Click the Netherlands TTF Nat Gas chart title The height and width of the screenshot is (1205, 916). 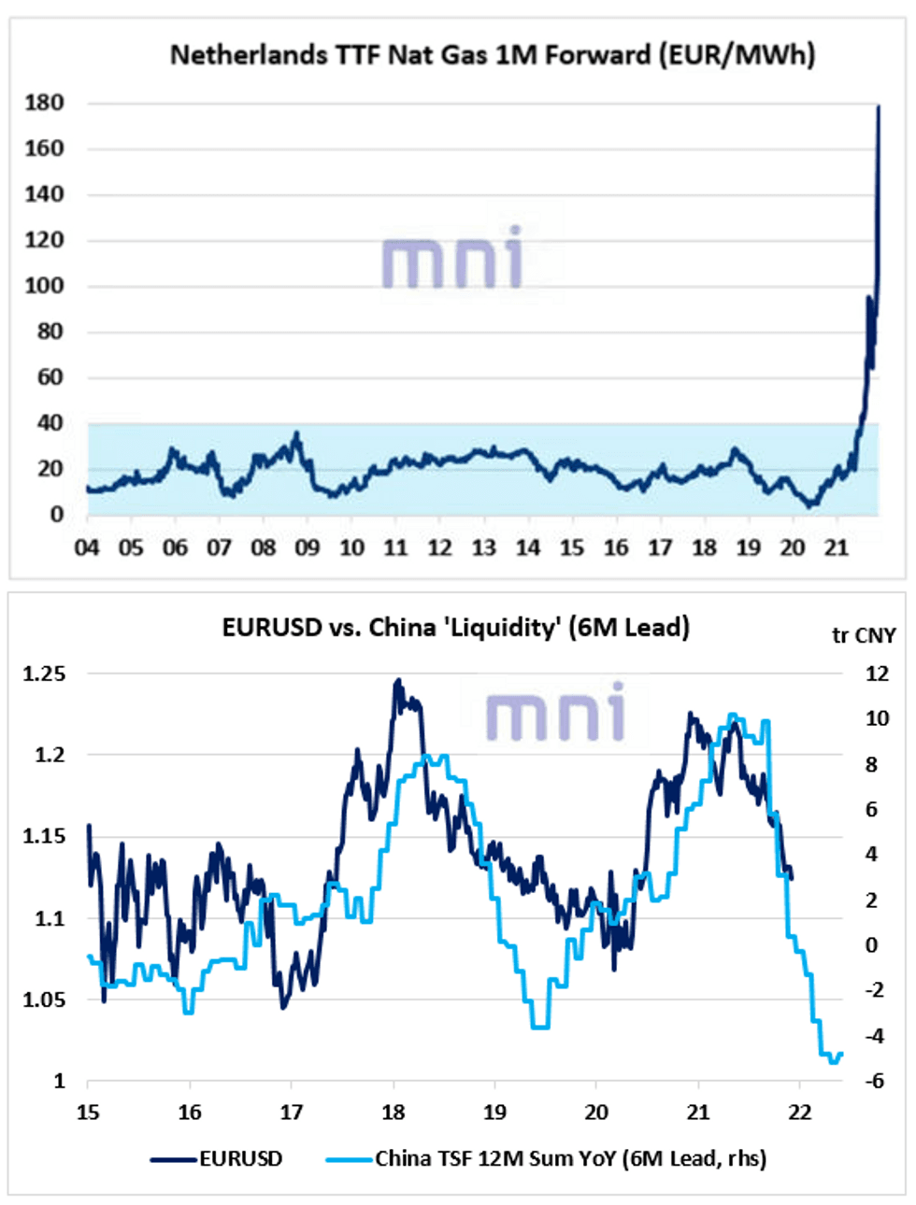pyautogui.click(x=493, y=55)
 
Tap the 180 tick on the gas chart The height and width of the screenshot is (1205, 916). pyautogui.click(x=44, y=103)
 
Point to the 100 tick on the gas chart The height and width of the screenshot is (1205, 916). pyautogui.click(x=44, y=286)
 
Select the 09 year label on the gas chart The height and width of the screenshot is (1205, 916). pyautogui.click(x=308, y=548)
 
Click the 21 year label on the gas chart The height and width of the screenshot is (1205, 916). pyautogui.click(x=836, y=548)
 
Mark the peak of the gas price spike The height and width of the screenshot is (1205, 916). pyautogui.click(x=878, y=107)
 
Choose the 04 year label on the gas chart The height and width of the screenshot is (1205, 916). pyautogui.click(x=87, y=548)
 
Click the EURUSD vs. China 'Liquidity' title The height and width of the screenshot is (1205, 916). pyautogui.click(x=456, y=627)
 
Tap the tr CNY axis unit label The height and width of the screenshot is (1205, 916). pyautogui.click(x=864, y=636)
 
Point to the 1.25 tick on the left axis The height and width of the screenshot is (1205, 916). pyautogui.click(x=44, y=673)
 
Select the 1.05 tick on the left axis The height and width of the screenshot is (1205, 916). pyautogui.click(x=44, y=1000)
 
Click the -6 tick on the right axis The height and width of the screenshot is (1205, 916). pyautogui.click(x=875, y=1081)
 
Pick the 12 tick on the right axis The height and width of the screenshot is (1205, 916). pyautogui.click(x=877, y=673)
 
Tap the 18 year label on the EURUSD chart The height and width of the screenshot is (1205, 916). pyautogui.click(x=394, y=1113)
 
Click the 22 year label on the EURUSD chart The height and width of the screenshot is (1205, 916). pyautogui.click(x=800, y=1113)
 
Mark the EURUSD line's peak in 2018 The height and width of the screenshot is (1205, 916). pyautogui.click(x=398, y=681)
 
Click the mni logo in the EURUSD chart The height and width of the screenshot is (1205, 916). pyautogui.click(x=555, y=712)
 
